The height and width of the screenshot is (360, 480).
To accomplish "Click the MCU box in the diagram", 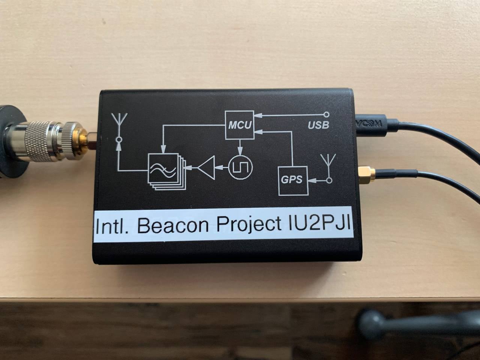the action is [239, 125].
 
